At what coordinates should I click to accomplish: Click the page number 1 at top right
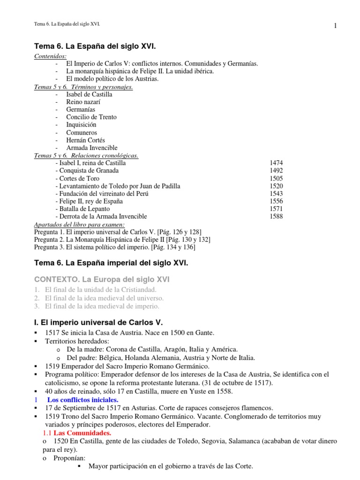[x=336, y=26]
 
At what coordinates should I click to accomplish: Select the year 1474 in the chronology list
[x=276, y=163]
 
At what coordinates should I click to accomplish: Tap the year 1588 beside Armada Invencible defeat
[x=276, y=217]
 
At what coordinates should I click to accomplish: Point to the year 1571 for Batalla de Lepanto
[x=276, y=209]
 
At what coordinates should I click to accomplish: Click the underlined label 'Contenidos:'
[x=51, y=56]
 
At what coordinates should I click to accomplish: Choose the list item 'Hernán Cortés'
[x=86, y=140]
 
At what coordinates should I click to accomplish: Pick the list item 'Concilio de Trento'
[x=91, y=117]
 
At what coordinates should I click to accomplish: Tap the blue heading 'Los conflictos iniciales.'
[x=83, y=399]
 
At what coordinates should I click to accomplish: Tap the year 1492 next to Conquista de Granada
[x=276, y=171]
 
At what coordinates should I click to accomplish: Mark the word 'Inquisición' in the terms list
[x=82, y=125]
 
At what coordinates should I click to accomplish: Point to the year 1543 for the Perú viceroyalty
[x=276, y=194]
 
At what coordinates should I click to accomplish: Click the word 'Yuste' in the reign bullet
[x=194, y=391]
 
